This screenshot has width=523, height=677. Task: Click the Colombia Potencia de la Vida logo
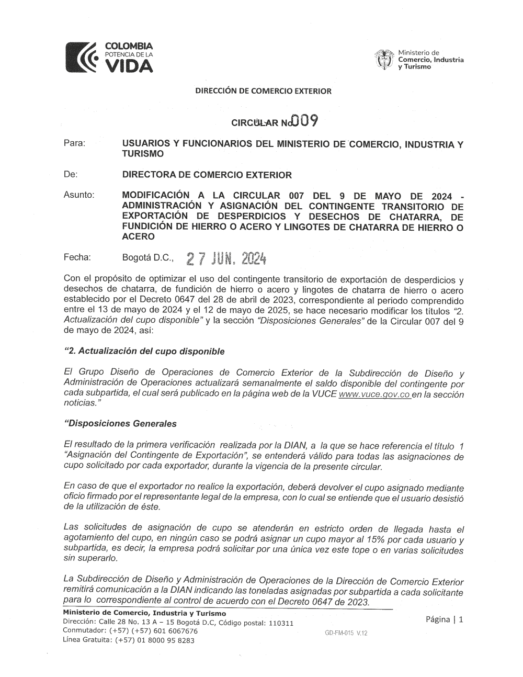point(109,57)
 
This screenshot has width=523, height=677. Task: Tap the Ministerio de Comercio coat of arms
point(384,60)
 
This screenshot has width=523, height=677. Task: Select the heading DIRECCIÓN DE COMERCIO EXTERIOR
point(264,91)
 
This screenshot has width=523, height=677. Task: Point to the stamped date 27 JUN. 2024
point(227,258)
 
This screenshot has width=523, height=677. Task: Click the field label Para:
point(74,143)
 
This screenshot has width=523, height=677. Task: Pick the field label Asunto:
point(78,195)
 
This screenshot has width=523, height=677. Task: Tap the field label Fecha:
point(77,257)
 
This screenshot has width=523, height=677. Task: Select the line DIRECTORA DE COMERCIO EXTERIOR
point(207,175)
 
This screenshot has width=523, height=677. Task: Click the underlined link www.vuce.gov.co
point(374,394)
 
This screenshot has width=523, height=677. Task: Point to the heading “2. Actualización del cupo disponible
point(144,351)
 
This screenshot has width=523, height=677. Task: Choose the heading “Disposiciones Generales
point(120,424)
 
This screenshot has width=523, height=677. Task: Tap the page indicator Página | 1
point(445,619)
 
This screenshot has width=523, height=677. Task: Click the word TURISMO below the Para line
point(142,154)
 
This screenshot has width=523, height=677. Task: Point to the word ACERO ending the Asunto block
point(138,236)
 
